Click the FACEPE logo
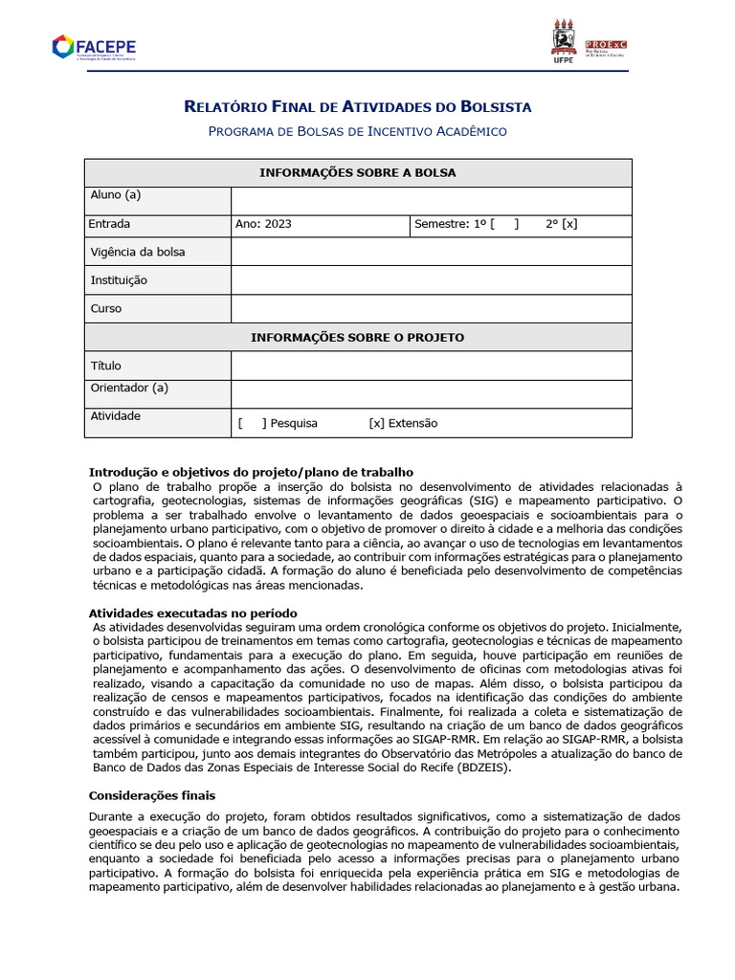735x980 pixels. coord(93,46)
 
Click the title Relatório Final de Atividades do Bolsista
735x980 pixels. coord(357,106)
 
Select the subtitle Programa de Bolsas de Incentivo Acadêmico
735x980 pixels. coord(357,131)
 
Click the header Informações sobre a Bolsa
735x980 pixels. coord(357,173)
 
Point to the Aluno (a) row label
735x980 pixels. coord(116,195)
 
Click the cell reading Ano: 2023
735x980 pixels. coord(264,225)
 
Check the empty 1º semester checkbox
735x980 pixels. coord(504,225)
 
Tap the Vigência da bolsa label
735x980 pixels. coord(138,253)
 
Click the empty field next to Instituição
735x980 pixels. coord(431,280)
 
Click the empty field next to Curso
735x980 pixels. coord(431,309)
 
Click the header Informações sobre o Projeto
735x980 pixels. coord(357,338)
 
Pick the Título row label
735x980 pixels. coord(106,366)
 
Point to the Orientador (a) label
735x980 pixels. coord(129,388)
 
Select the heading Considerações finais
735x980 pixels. coord(152,795)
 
